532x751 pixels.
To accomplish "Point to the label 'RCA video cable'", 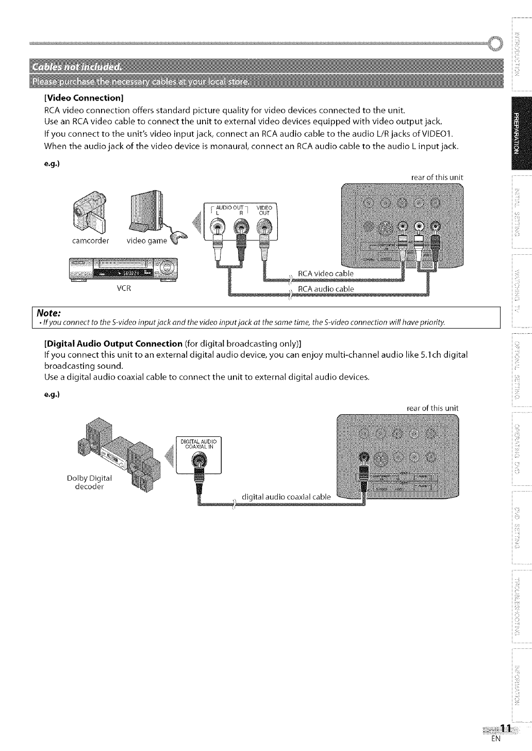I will (325, 273).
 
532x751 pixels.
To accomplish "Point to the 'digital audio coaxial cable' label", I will (286, 497).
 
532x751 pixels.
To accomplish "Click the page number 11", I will (506, 728).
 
